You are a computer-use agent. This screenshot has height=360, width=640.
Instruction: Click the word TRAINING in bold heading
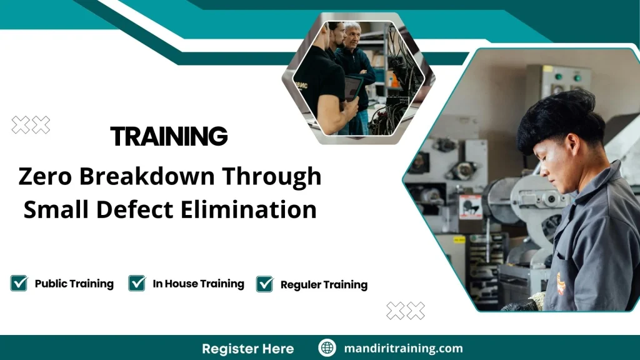point(169,136)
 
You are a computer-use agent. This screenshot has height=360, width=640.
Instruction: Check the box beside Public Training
point(19,284)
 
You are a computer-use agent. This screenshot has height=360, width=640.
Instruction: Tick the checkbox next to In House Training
point(137,284)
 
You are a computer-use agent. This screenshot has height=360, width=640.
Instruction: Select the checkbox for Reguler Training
point(265,284)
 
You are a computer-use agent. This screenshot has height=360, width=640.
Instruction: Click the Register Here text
point(247,348)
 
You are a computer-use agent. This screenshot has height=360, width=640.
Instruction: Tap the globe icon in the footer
point(327,348)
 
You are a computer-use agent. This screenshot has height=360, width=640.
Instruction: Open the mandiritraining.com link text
point(403,348)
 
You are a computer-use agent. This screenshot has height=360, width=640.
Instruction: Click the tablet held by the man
point(352,88)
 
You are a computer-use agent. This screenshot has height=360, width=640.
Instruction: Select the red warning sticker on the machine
point(470,206)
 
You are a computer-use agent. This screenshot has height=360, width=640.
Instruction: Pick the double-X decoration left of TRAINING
point(31,126)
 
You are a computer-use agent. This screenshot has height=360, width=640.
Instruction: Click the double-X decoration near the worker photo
point(406,311)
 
